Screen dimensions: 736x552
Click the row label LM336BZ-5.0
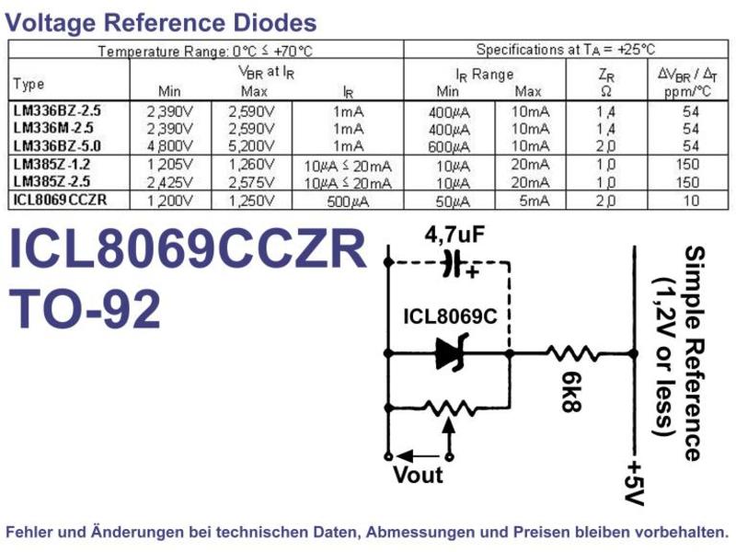pos(57,146)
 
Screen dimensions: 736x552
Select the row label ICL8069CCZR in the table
pos(60,200)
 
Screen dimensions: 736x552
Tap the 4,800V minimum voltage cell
pos(170,146)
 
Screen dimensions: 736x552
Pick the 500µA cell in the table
pos(348,201)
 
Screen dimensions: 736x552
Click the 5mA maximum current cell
pos(535,201)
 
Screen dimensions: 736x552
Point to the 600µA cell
pos(449,147)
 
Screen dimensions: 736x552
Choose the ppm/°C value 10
pos(691,201)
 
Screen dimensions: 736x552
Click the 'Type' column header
pos(29,85)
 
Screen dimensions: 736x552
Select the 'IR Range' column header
pos(485,75)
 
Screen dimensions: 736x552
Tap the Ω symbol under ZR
pos(606,91)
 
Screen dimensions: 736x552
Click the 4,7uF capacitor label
pos(454,235)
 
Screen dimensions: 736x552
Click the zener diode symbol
pos(451,353)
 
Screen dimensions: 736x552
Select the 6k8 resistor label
pos(572,392)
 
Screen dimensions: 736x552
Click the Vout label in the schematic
pos(418,475)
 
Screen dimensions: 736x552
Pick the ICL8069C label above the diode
pos(450,316)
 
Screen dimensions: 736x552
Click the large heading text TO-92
pos(85,309)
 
